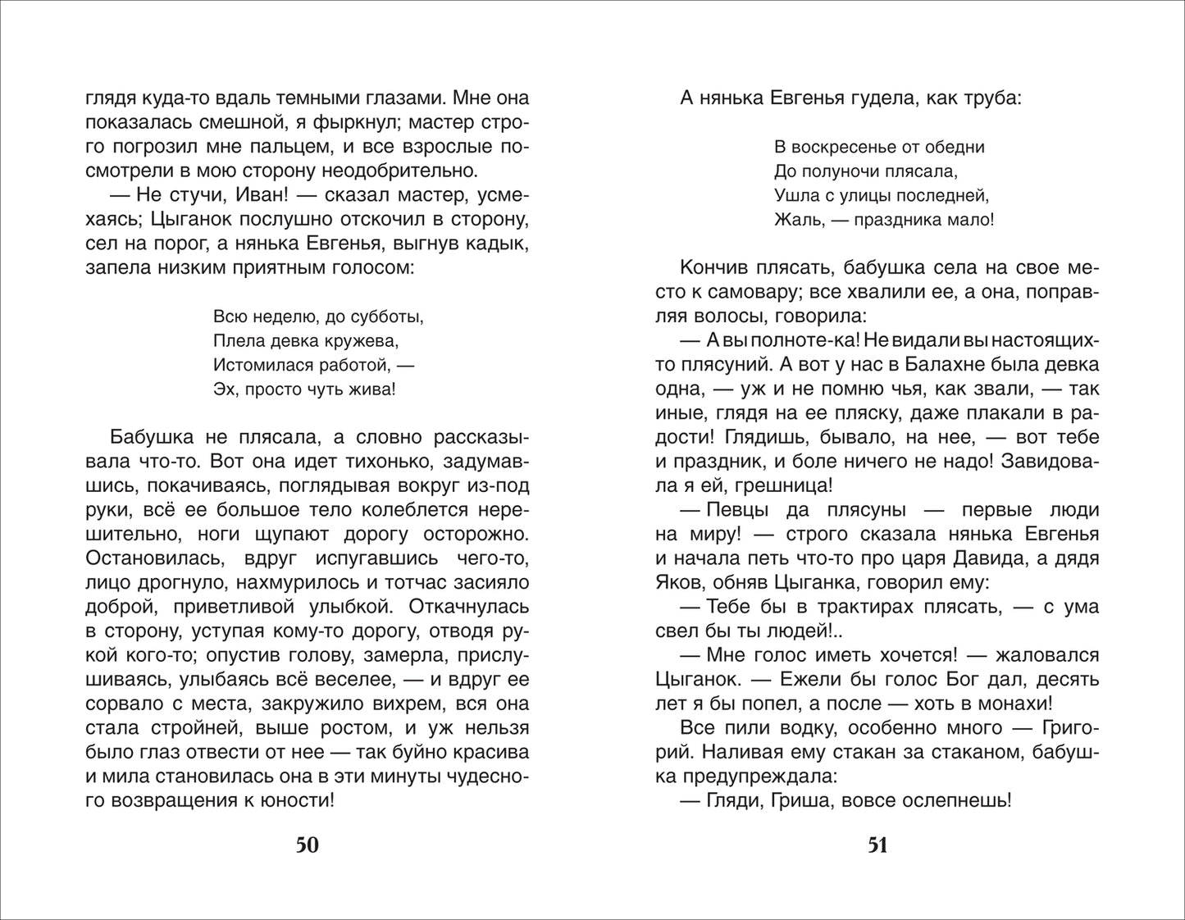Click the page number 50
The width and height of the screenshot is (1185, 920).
point(307,845)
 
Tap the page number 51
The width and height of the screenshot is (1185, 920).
point(877,845)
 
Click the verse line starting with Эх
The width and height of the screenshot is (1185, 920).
point(304,389)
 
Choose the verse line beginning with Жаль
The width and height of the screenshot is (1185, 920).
point(883,220)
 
